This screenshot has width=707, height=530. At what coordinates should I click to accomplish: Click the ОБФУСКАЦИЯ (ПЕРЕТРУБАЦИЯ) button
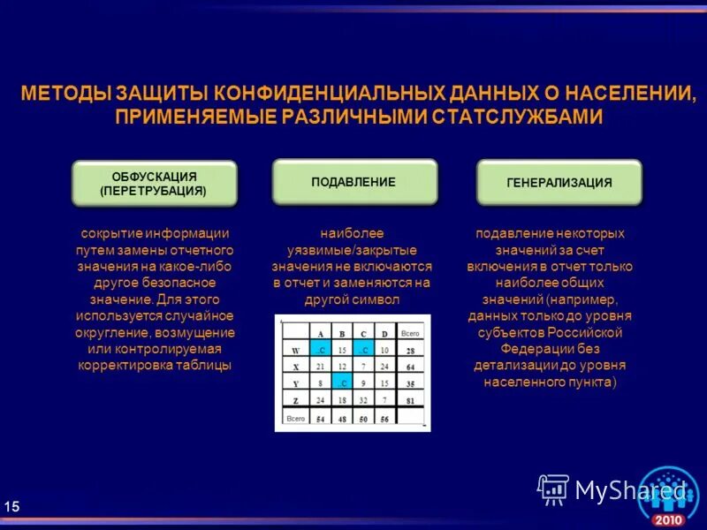(154, 183)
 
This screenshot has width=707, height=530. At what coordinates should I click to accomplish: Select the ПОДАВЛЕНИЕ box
(353, 181)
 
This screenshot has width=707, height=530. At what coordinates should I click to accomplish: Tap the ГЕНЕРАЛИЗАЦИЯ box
(559, 183)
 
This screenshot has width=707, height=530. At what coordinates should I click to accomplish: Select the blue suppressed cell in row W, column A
(321, 350)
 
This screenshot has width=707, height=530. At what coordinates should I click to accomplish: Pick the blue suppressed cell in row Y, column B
(341, 383)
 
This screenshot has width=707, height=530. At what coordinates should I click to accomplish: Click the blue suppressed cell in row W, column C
(362, 350)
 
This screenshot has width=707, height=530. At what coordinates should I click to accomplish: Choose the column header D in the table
(384, 333)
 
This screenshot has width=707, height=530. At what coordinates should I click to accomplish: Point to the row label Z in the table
(296, 400)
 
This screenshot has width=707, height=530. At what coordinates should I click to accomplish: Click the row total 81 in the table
(410, 400)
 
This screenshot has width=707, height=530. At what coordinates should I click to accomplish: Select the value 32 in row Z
(362, 400)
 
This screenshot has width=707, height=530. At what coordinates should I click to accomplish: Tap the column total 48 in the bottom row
(341, 418)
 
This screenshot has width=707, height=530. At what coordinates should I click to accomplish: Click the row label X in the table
(296, 367)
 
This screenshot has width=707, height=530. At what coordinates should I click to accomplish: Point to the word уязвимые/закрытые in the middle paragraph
(352, 250)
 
